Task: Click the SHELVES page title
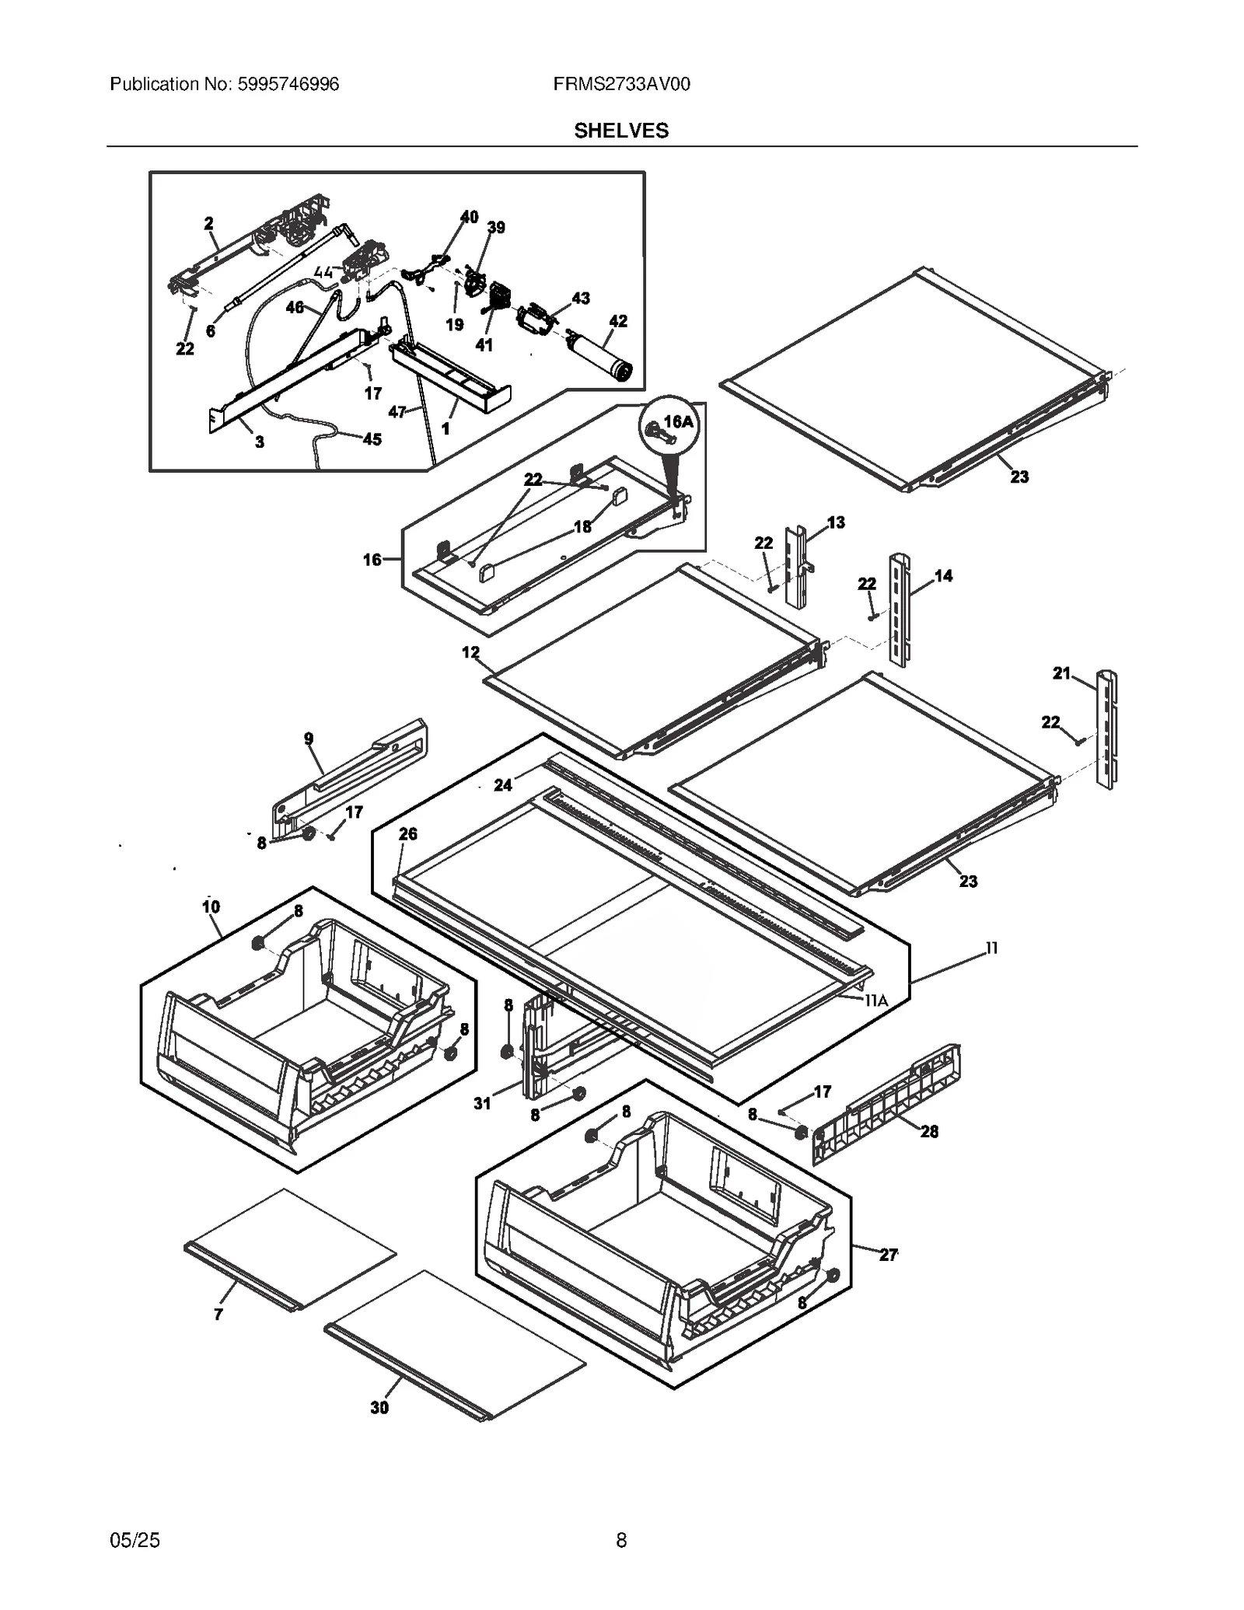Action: pos(621,131)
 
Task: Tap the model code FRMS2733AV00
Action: pos(621,84)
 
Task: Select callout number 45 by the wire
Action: pos(372,439)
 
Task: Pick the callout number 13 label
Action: pos(836,522)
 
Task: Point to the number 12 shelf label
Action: pos(470,652)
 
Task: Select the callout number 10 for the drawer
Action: pos(211,906)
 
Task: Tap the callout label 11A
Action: pos(876,1001)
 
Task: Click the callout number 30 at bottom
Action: pos(379,1408)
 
